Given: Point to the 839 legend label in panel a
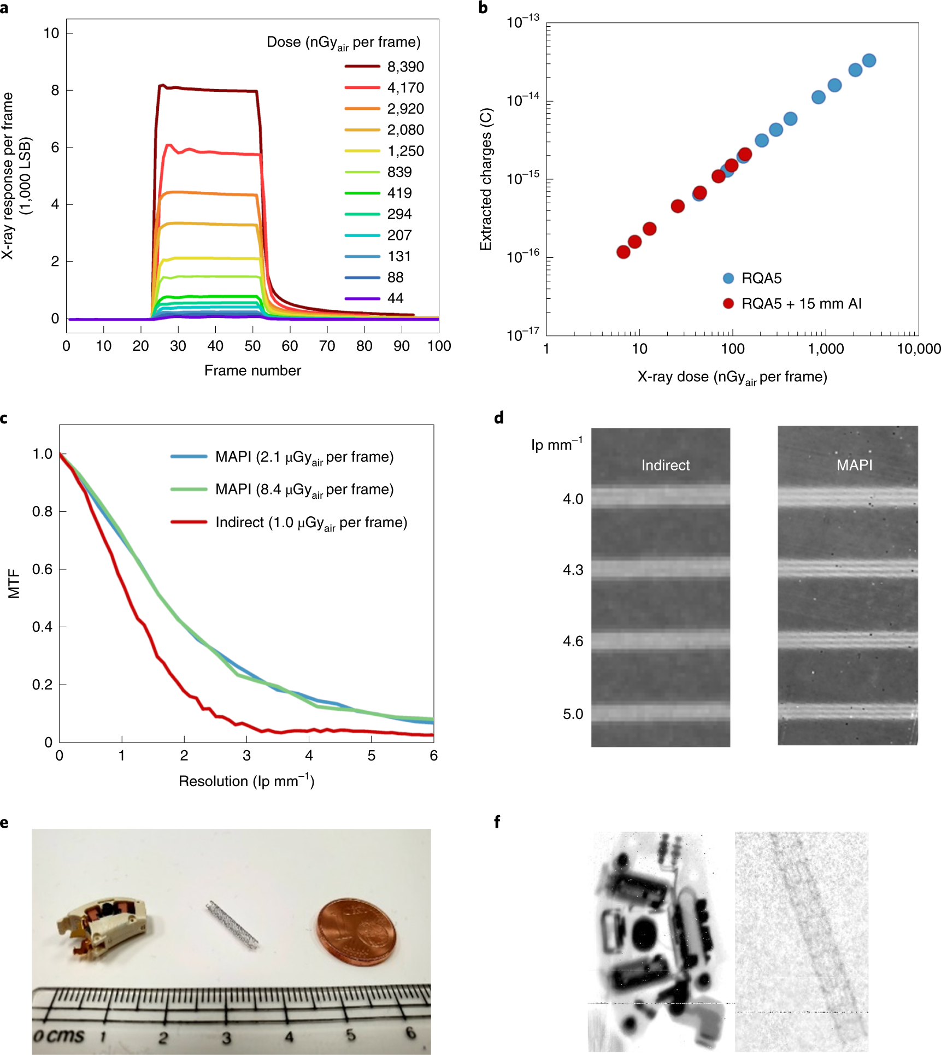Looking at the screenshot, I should click(x=399, y=172).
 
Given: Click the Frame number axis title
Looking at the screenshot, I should click(x=252, y=370).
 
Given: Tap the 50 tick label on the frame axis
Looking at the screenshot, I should click(x=252, y=346).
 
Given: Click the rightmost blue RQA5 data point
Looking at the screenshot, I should click(x=869, y=61).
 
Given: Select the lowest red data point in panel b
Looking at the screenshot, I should click(x=623, y=252).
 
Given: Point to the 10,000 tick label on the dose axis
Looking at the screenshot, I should click(x=918, y=349).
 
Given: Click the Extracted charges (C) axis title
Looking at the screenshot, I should click(x=486, y=179).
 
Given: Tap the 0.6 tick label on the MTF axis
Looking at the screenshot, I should click(x=42, y=569).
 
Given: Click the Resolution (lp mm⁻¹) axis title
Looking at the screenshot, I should click(x=246, y=781).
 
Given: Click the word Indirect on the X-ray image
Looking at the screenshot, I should click(x=665, y=465).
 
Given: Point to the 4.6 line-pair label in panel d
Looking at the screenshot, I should click(x=573, y=641).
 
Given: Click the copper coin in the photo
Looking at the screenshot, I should click(x=356, y=932).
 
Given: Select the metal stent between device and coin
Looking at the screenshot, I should click(x=232, y=925).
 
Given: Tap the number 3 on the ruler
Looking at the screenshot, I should click(x=226, y=1037).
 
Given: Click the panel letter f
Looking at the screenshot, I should click(x=497, y=822).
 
